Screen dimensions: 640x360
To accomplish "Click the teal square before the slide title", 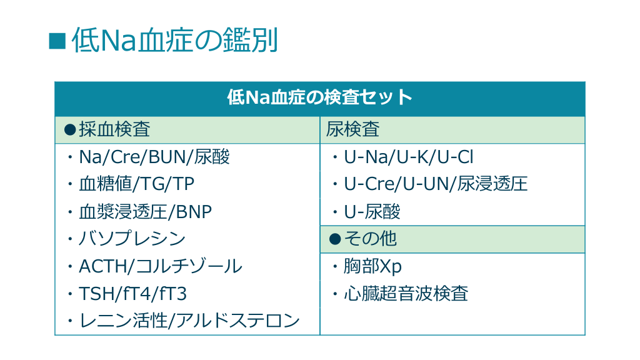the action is pyautogui.click(x=57, y=41).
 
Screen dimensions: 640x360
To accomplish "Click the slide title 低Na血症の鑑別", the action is pyautogui.click(x=175, y=41).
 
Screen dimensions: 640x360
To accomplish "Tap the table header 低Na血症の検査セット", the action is pyautogui.click(x=319, y=97).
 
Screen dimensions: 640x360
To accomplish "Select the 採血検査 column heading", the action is pyautogui.click(x=114, y=129).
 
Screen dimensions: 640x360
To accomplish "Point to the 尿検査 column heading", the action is pyautogui.click(x=352, y=129).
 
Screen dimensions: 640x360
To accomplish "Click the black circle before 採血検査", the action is pyautogui.click(x=70, y=130).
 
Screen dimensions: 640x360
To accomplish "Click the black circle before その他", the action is pyautogui.click(x=335, y=239).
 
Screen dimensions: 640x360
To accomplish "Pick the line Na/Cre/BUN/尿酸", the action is pyautogui.click(x=154, y=157).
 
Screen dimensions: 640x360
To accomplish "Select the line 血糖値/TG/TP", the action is pyautogui.click(x=137, y=184).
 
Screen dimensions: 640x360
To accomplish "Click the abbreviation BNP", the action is pyautogui.click(x=194, y=212).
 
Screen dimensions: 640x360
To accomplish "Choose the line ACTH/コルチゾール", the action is pyautogui.click(x=161, y=266).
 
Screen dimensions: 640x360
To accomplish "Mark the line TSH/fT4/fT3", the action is pyautogui.click(x=132, y=294).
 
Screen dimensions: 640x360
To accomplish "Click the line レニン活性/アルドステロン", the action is pyautogui.click(x=189, y=321).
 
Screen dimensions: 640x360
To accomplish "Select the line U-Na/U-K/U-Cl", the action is pyautogui.click(x=409, y=157).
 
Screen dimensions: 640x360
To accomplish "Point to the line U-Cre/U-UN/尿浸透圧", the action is pyautogui.click(x=436, y=184).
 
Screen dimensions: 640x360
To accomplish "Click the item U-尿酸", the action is pyautogui.click(x=372, y=212).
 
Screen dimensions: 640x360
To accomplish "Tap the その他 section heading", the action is pyautogui.click(x=370, y=239).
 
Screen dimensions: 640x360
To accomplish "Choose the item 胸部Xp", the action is pyautogui.click(x=372, y=266).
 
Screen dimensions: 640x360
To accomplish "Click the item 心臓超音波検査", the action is pyautogui.click(x=406, y=294).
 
